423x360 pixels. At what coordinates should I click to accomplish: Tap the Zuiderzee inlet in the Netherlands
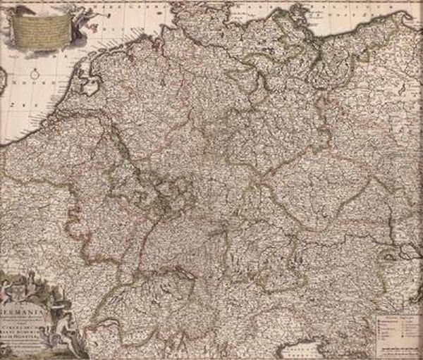(90, 89)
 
